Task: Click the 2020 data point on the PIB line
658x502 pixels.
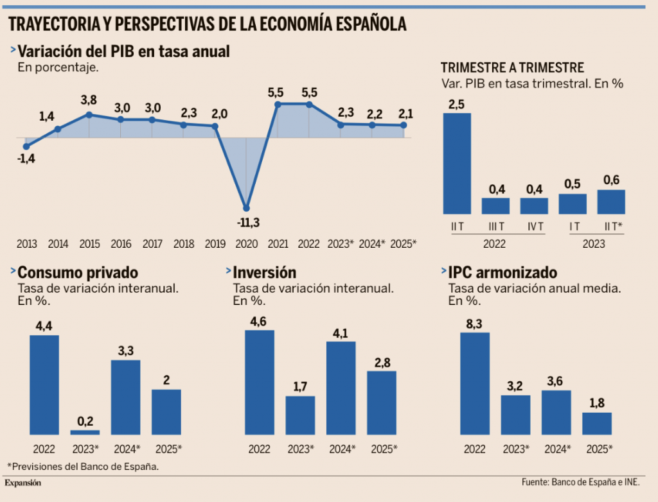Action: tap(246, 207)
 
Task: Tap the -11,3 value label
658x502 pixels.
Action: tap(245, 223)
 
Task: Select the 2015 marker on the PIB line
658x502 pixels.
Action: tap(89, 115)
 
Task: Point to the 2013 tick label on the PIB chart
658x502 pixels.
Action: tap(27, 244)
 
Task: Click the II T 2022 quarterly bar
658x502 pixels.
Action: tap(457, 163)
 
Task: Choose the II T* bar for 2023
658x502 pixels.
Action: tap(611, 202)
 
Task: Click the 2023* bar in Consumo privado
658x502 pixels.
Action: tap(84, 433)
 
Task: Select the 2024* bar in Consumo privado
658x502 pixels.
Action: tap(126, 397)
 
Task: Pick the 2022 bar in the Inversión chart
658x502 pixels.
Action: tap(260, 383)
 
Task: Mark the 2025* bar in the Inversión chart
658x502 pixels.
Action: tap(382, 403)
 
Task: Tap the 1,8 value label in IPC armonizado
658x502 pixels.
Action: tap(597, 403)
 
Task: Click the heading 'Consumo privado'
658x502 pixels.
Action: tap(78, 272)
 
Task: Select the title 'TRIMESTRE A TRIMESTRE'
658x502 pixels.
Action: tap(512, 68)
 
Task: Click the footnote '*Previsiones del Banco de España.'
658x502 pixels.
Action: tap(83, 467)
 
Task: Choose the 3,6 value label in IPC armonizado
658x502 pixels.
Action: tap(556, 381)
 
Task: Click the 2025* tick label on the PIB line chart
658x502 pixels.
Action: tap(404, 244)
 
